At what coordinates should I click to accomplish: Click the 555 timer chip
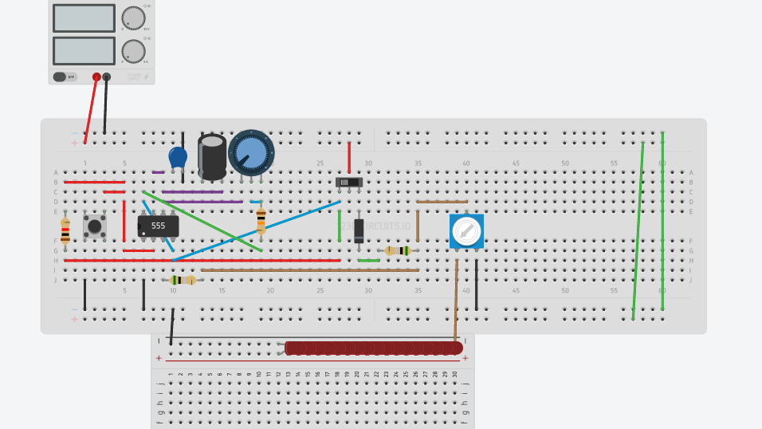tap(158, 226)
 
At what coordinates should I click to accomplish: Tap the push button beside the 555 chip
tap(95, 226)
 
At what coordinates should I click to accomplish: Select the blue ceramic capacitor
tap(178, 157)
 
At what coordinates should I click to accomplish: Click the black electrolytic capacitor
tap(212, 156)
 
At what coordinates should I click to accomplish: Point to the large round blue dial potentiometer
tap(251, 152)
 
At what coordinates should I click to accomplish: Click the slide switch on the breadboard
tap(349, 182)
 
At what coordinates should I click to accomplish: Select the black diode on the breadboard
tap(359, 230)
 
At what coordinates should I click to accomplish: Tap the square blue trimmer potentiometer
tap(466, 231)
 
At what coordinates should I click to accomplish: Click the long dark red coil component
tap(373, 348)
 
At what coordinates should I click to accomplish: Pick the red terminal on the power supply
tap(96, 77)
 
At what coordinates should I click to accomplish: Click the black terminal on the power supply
tap(107, 77)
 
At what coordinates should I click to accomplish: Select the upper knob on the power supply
tap(133, 18)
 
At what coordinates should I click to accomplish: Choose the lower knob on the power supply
tap(133, 51)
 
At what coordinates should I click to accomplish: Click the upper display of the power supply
tap(84, 18)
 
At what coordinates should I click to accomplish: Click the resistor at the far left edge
tap(65, 230)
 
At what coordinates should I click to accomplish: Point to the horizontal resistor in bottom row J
tap(183, 280)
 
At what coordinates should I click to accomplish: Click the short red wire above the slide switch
tap(348, 157)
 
